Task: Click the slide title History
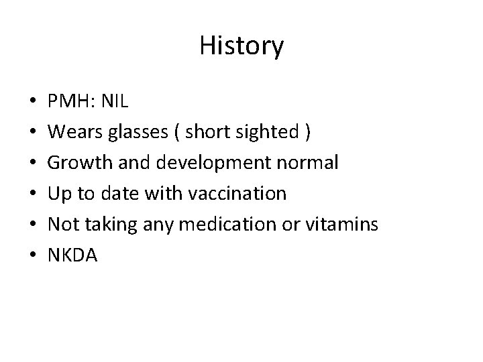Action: click(241, 46)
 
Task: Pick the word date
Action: click(121, 194)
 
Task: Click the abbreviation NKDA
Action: click(72, 255)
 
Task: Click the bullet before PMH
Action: click(33, 103)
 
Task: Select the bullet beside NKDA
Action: click(33, 255)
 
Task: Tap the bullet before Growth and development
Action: click(33, 164)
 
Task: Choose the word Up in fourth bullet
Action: click(58, 194)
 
